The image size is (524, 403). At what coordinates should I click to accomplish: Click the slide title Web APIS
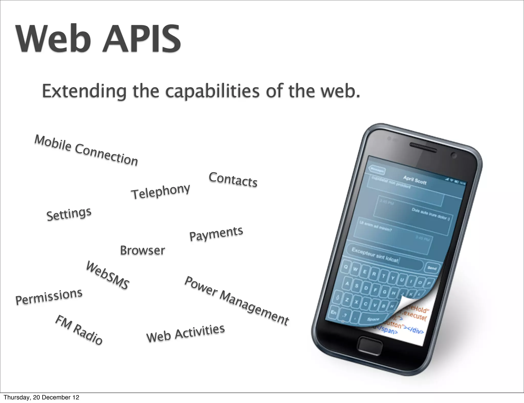pyautogui.click(x=98, y=39)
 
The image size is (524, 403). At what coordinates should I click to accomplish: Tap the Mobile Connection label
pyautogui.click(x=86, y=151)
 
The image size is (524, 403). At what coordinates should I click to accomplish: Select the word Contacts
pyautogui.click(x=233, y=180)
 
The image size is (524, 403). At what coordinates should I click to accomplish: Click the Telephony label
pyautogui.click(x=160, y=192)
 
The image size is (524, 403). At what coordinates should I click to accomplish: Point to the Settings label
pyautogui.click(x=69, y=214)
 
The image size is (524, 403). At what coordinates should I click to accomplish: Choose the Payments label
pyautogui.click(x=216, y=234)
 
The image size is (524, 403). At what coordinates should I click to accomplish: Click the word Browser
pyautogui.click(x=143, y=251)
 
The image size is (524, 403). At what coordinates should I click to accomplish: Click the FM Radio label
pyautogui.click(x=79, y=330)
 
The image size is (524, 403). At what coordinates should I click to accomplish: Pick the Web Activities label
pyautogui.click(x=185, y=333)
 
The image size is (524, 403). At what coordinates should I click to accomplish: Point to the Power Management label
pyautogui.click(x=237, y=301)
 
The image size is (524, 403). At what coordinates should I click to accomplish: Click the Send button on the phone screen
pyautogui.click(x=432, y=268)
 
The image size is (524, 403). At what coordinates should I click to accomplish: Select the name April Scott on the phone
pyautogui.click(x=415, y=180)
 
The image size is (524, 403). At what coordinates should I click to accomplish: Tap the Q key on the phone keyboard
pyautogui.click(x=346, y=267)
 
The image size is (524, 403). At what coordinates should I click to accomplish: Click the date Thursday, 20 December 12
pyautogui.click(x=41, y=397)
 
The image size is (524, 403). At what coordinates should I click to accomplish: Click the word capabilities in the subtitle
pyautogui.click(x=212, y=91)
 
